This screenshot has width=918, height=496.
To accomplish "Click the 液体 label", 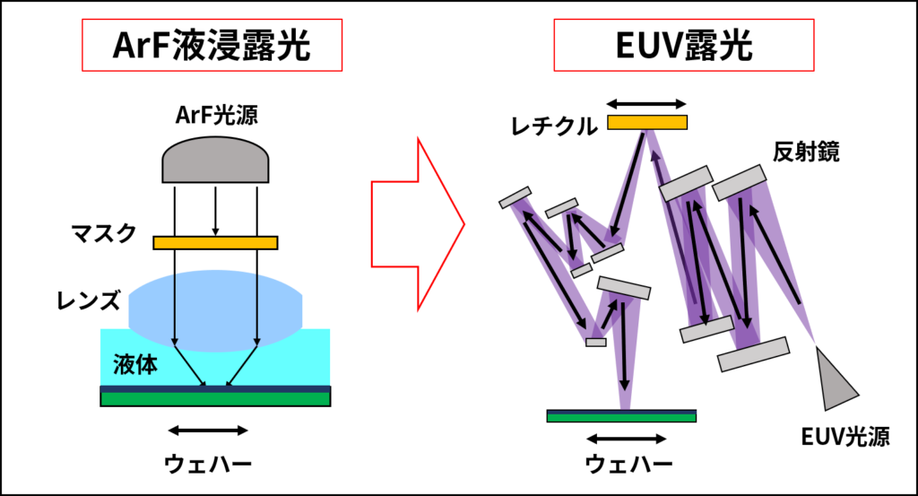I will tap(135, 364).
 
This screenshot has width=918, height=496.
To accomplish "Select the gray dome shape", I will tap(215, 161).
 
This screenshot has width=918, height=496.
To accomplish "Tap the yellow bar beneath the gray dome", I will tap(215, 242).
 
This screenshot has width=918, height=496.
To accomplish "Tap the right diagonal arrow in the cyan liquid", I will tap(242, 367).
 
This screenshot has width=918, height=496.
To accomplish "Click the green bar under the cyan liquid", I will tap(215, 399).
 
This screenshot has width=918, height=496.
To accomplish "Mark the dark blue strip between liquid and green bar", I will tap(215, 389).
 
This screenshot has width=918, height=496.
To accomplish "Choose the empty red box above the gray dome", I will tap(212, 45).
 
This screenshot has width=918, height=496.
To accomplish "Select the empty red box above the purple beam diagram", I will tap(684, 45).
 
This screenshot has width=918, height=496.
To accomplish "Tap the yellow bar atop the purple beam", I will tap(647, 122).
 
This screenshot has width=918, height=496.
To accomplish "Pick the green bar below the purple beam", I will tap(622, 417).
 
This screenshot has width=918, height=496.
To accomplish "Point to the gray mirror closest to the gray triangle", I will tap(754, 354).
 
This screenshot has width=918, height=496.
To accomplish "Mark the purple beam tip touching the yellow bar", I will tap(647, 135).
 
